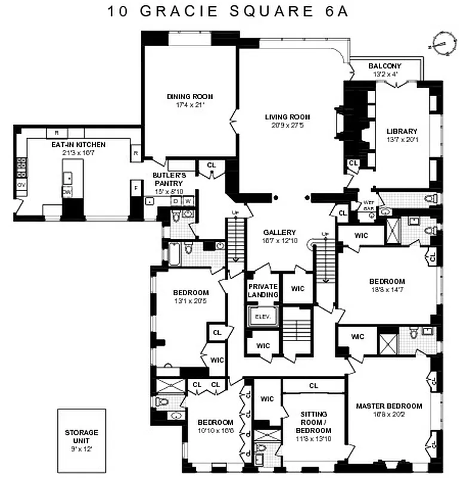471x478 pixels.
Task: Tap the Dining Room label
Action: (189, 96)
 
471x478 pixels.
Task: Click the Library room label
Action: (402, 131)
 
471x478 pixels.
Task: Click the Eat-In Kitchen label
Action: (78, 145)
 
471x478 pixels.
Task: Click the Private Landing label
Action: (263, 290)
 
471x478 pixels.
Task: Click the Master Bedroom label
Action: (389, 406)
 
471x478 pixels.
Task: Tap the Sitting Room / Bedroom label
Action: (313, 422)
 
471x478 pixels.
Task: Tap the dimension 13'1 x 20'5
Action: (191, 301)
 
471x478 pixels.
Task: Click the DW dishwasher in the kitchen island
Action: (68, 192)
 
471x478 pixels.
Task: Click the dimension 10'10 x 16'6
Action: (216, 430)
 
